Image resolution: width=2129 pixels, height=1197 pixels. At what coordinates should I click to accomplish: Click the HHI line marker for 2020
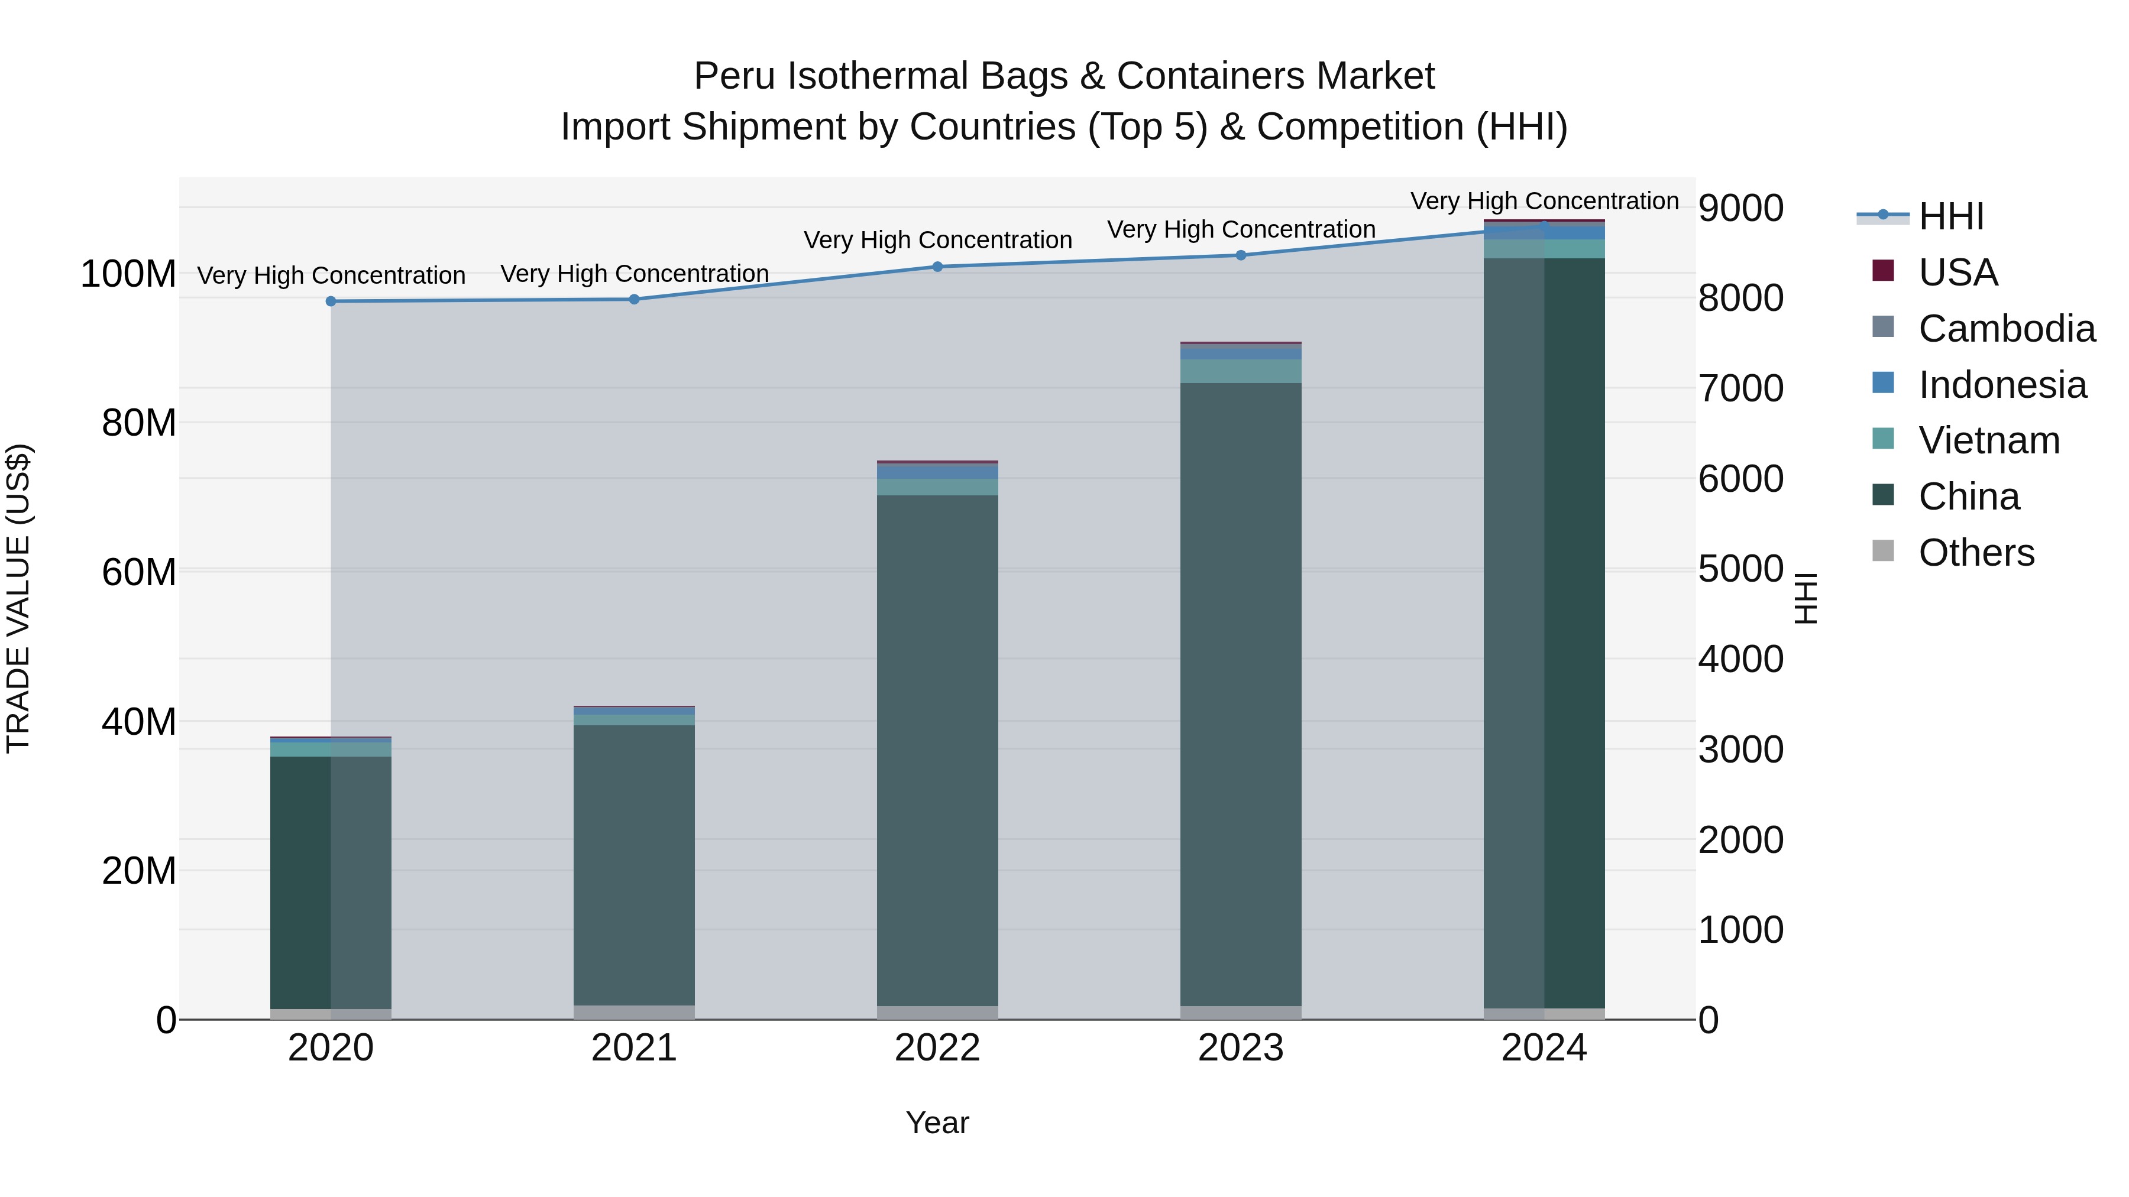point(331,301)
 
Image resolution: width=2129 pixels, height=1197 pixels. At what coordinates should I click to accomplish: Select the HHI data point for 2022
point(937,267)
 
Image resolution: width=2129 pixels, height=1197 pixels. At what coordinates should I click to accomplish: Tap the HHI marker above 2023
point(1241,255)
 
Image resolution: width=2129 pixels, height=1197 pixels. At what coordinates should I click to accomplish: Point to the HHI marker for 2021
point(634,299)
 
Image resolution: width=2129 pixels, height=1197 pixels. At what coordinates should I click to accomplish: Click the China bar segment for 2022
point(937,744)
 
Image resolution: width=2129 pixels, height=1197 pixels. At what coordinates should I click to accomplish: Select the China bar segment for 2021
point(634,859)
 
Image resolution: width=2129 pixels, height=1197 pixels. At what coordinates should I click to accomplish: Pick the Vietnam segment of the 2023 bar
point(1241,371)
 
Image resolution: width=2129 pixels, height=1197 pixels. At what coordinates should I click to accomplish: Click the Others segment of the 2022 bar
point(937,1012)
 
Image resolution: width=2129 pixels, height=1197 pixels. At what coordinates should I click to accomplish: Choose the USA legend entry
point(1957,273)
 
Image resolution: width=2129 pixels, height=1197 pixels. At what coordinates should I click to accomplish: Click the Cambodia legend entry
point(2006,329)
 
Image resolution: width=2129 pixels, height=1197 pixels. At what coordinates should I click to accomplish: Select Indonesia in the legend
point(2002,385)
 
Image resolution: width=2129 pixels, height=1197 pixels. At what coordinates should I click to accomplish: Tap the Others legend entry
point(1975,553)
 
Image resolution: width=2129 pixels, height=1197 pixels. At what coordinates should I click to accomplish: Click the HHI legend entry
point(1950,216)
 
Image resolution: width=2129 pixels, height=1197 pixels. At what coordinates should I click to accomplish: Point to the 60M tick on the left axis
point(139,572)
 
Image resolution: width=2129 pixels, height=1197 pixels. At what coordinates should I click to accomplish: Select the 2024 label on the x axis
point(1544,1048)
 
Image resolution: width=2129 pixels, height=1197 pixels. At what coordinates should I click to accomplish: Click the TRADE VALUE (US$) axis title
point(18,598)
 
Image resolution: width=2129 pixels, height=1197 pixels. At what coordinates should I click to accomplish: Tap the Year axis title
point(937,1123)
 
